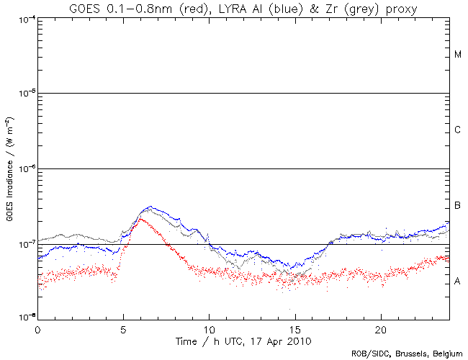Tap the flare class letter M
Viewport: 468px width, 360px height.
[x=457, y=55]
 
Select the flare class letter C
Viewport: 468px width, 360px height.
[x=457, y=130]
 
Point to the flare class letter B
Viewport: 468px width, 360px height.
[x=457, y=207]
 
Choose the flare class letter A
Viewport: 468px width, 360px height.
[x=457, y=282]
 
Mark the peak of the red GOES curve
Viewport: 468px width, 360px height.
[x=140, y=218]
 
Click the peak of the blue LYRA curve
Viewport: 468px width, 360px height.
[x=149, y=207]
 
